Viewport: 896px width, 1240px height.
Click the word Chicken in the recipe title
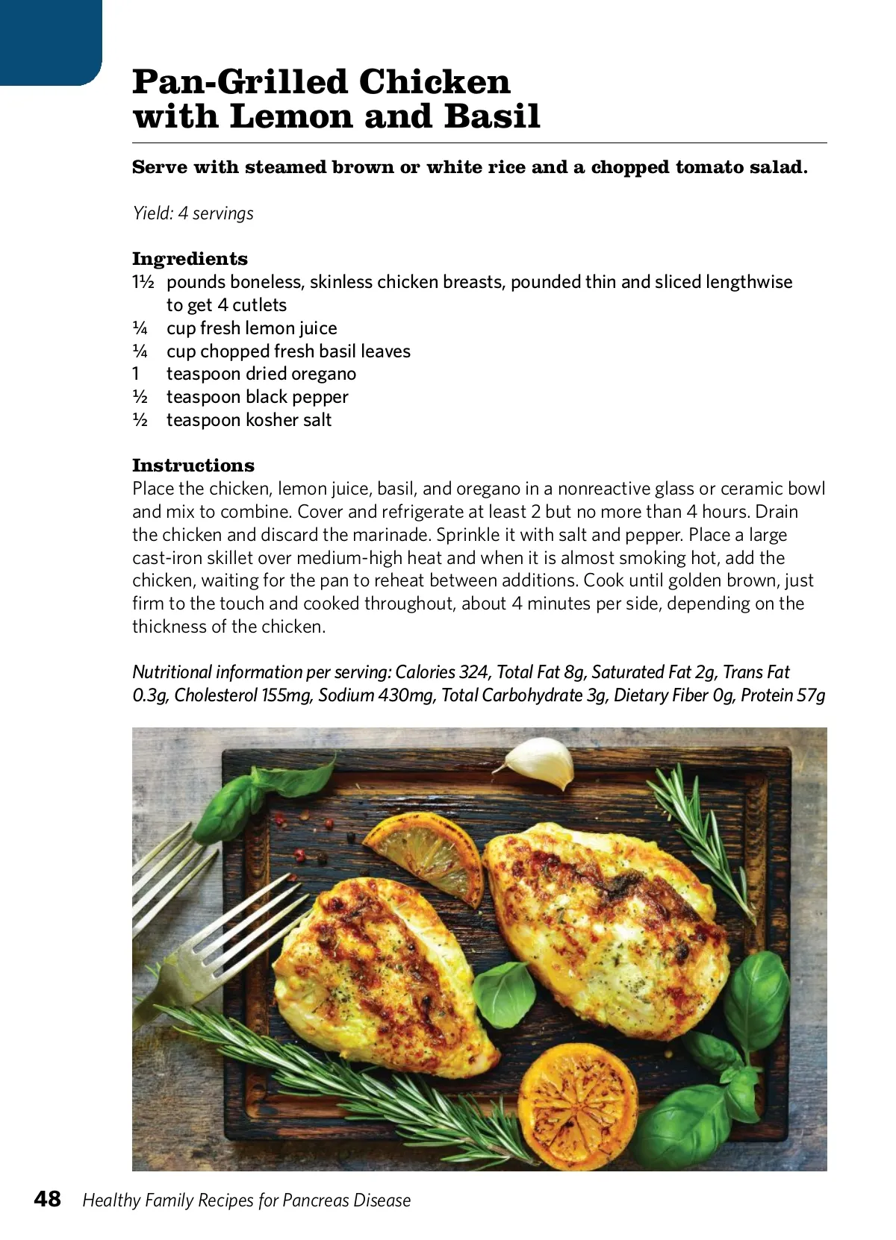tap(437, 82)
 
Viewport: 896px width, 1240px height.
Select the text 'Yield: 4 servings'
tap(193, 213)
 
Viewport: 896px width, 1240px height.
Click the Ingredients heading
tap(190, 259)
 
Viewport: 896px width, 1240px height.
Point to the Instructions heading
tap(193, 466)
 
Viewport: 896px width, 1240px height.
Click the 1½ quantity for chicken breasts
tap(143, 282)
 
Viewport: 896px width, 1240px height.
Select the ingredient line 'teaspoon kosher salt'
tap(249, 420)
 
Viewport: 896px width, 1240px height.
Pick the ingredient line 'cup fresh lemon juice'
tap(252, 328)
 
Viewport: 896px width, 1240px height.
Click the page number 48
tap(48, 1198)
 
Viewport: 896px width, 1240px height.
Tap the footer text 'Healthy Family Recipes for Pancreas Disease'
tap(246, 1200)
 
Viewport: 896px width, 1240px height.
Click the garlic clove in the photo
tap(539, 761)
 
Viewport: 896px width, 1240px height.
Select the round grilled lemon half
tap(578, 1106)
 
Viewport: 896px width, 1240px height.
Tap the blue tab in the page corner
tap(49, 41)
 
